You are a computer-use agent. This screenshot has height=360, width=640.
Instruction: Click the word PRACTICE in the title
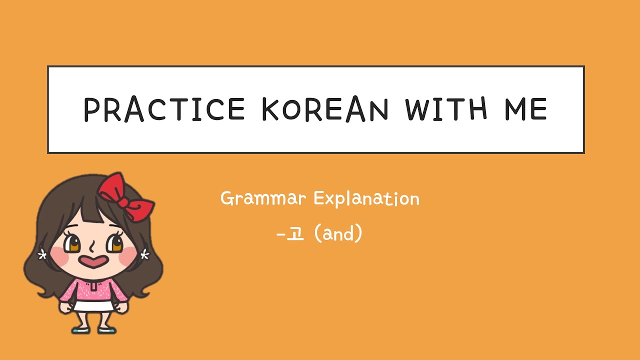coord(164,109)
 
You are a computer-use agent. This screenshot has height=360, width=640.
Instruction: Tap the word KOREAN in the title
coord(325,109)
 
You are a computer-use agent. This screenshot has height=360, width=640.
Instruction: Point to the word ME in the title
coord(524,109)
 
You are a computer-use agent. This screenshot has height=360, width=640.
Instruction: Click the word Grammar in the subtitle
coord(263,199)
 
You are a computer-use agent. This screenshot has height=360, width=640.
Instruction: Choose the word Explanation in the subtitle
coord(366,199)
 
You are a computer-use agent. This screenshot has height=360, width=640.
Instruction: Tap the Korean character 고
coord(296,233)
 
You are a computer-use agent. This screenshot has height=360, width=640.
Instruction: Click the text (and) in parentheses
coord(338,233)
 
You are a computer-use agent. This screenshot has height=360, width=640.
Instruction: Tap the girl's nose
coord(92,246)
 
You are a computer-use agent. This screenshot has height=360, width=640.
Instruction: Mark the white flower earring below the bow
coord(145,255)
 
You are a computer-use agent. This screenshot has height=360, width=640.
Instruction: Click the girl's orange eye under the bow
coord(116,244)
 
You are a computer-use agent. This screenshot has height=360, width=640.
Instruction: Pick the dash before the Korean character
coord(280,234)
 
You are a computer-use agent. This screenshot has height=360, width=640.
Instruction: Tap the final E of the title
coord(538,109)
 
